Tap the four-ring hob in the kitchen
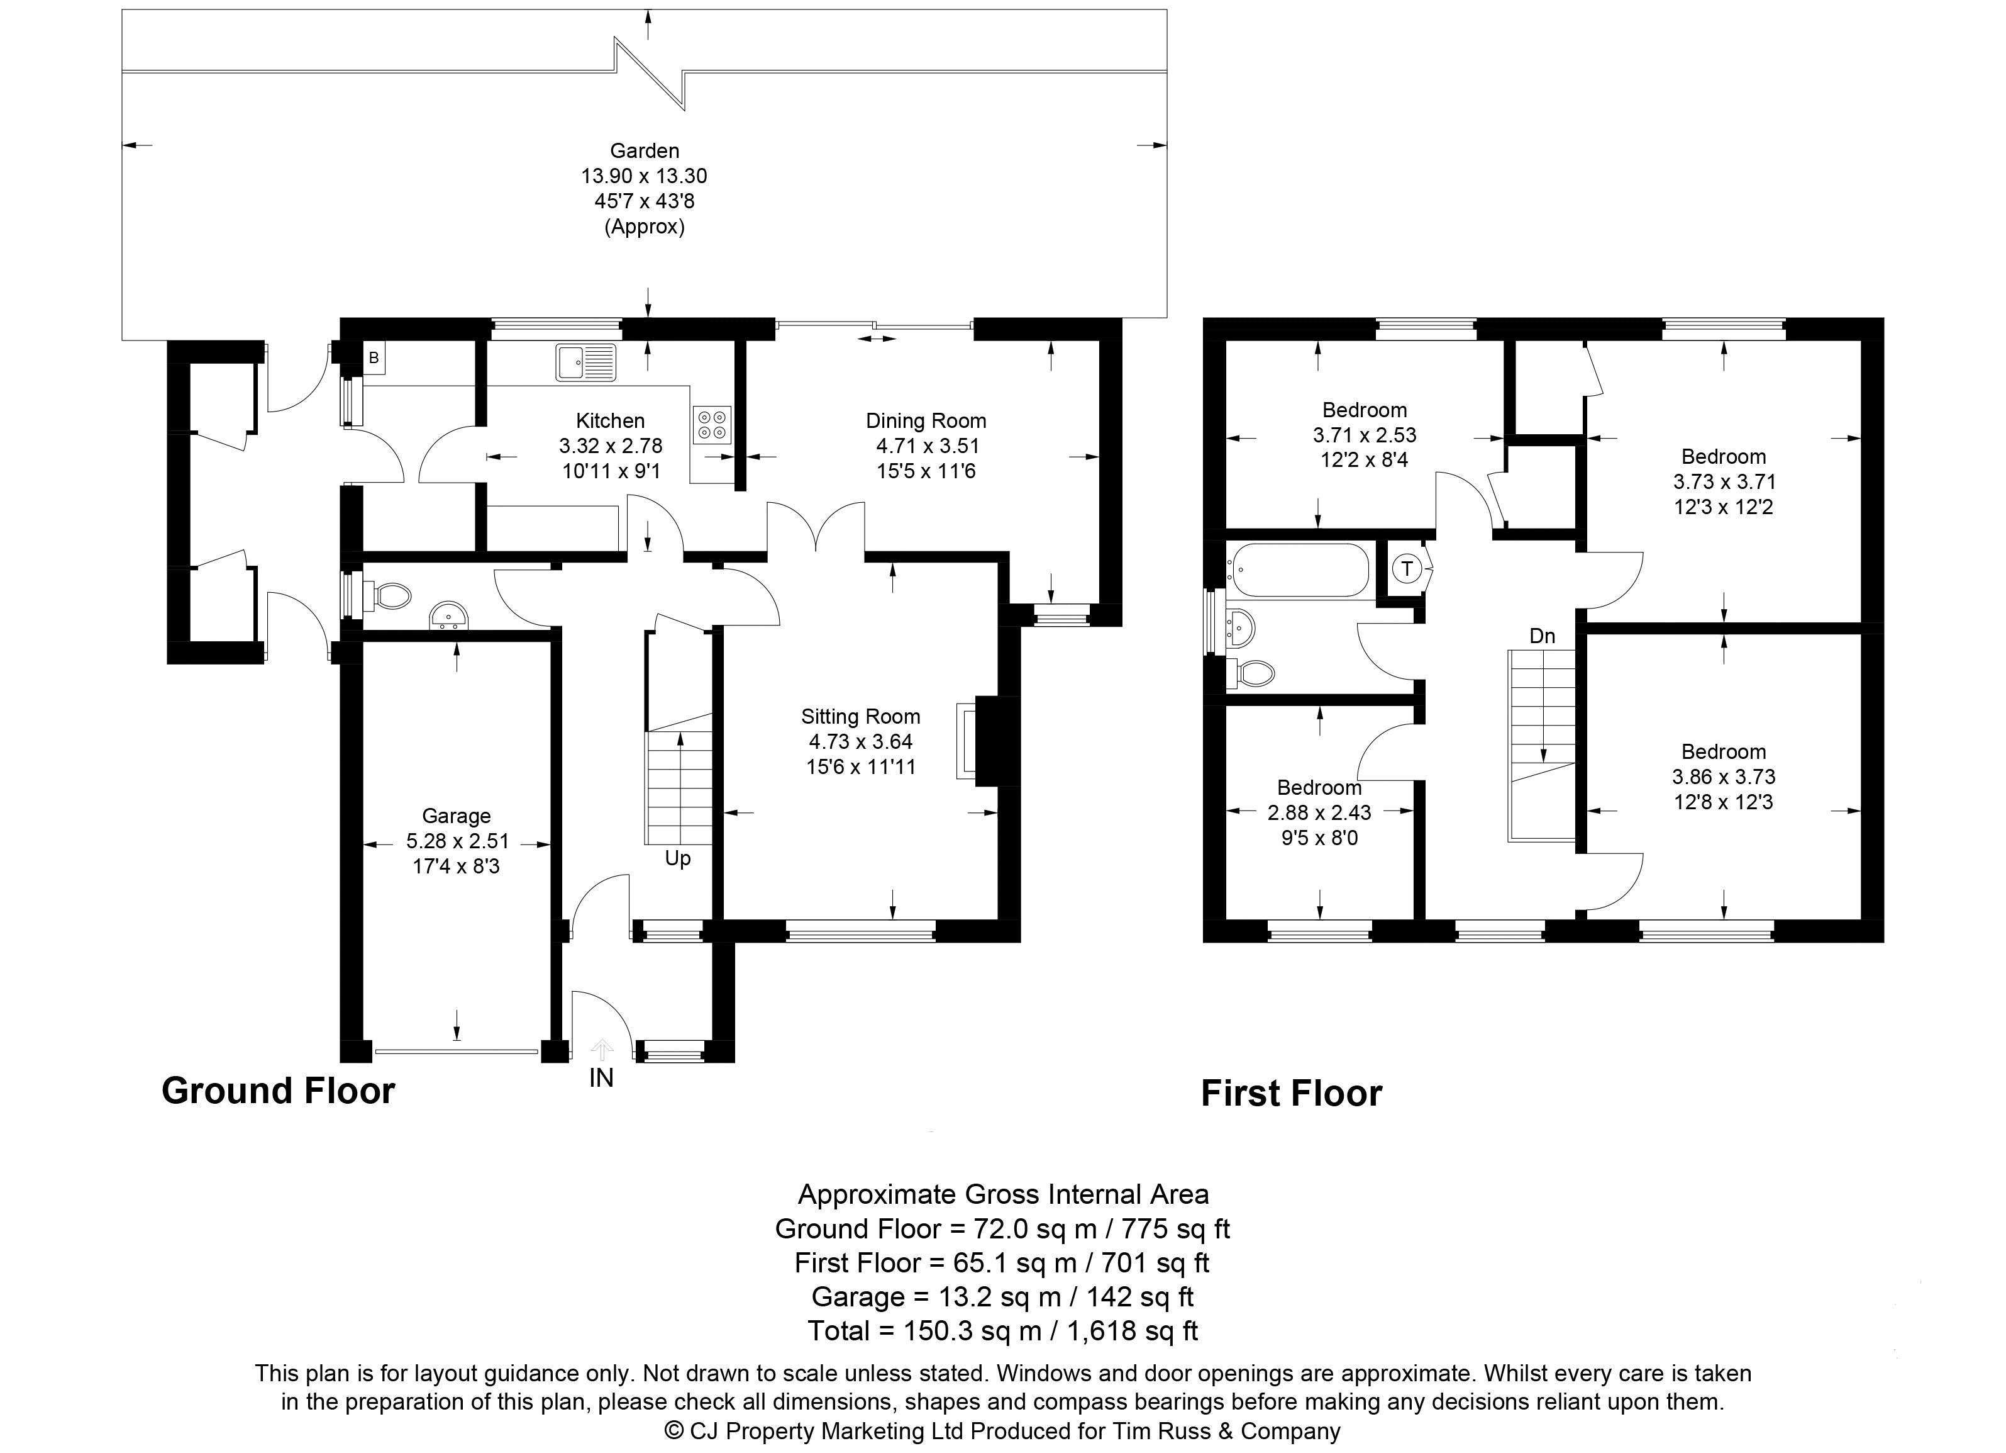[712, 423]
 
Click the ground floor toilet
[387, 595]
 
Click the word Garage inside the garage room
[457, 816]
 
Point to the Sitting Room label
[861, 717]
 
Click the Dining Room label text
[926, 421]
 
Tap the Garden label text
[645, 151]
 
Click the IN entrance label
[601, 1078]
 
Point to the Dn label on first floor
[1543, 636]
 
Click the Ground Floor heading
[279, 1091]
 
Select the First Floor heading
[1292, 1094]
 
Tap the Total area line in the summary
[1003, 1331]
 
